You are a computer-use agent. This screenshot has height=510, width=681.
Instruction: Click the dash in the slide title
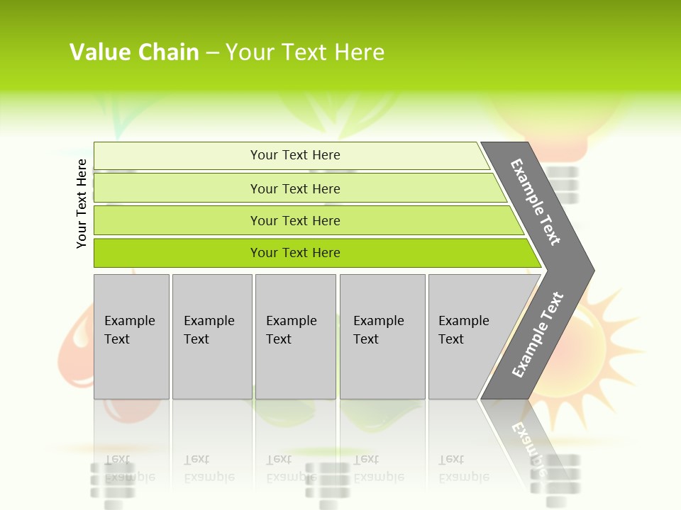click(x=212, y=52)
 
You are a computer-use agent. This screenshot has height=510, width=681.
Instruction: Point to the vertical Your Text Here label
click(x=82, y=203)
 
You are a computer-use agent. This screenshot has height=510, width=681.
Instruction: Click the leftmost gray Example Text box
click(x=131, y=336)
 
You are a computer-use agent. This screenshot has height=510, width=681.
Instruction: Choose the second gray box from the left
click(x=211, y=336)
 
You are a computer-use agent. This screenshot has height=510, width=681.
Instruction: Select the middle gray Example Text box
click(x=295, y=336)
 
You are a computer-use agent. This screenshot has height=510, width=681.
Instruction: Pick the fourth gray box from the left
click(x=382, y=336)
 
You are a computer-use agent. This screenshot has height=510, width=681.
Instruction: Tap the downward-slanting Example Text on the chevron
click(x=536, y=202)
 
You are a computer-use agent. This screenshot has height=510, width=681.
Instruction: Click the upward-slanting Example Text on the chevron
click(x=538, y=334)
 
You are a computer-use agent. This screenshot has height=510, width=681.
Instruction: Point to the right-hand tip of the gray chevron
click(x=592, y=270)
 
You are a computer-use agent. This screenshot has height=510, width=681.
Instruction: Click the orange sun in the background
click(x=610, y=333)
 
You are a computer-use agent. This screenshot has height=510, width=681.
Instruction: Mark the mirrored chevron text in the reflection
click(x=528, y=443)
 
